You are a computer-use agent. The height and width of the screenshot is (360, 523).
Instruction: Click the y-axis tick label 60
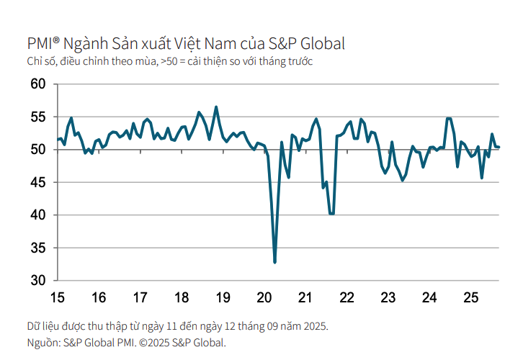pos(37,84)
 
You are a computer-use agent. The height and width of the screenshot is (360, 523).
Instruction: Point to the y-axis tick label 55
pos(37,117)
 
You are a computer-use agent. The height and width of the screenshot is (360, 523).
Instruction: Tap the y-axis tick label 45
pos(37,182)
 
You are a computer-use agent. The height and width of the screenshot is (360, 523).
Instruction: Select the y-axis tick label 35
pos(37,248)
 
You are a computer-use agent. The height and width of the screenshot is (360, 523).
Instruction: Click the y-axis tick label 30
pos(37,280)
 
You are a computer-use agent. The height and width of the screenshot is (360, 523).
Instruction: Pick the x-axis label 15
pos(57,297)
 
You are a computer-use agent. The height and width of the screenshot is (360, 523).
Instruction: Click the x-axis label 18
pos(182,297)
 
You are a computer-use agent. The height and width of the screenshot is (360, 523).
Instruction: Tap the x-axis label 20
pos(264,297)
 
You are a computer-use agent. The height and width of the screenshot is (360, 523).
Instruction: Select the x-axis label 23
pos(388,297)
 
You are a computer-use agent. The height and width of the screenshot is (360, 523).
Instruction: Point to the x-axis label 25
pos(471,297)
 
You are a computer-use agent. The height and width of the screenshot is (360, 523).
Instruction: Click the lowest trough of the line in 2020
pos(274,262)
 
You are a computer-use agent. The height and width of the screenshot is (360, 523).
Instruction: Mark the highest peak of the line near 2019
pos(216,107)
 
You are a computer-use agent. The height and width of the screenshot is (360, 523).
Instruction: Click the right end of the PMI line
pos(499,148)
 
